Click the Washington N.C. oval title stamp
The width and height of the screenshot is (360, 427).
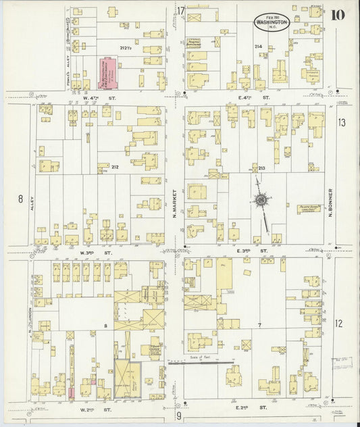[272, 22]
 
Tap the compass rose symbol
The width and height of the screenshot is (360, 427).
[260, 199]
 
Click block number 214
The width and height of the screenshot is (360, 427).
[258, 47]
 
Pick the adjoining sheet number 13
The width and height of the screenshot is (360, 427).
[342, 122]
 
